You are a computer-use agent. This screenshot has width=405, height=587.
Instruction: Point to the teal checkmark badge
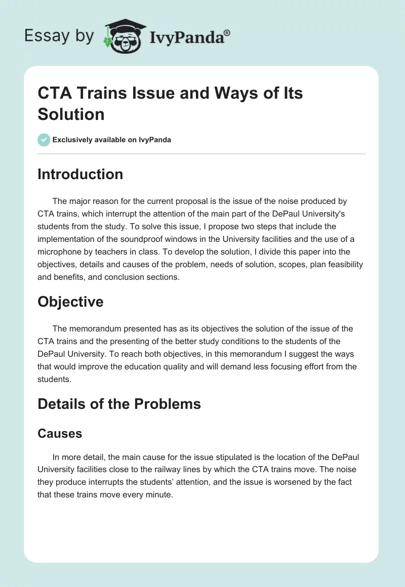tap(44, 140)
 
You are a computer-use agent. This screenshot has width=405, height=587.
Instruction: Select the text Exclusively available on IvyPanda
tap(112, 140)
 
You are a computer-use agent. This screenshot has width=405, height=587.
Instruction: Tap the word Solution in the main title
tap(71, 114)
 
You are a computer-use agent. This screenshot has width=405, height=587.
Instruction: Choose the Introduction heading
tap(80, 174)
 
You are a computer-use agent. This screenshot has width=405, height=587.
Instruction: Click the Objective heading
tap(70, 302)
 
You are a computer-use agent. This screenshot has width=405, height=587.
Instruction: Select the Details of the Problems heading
tap(119, 404)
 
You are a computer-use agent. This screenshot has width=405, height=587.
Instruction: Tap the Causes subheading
tap(60, 434)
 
